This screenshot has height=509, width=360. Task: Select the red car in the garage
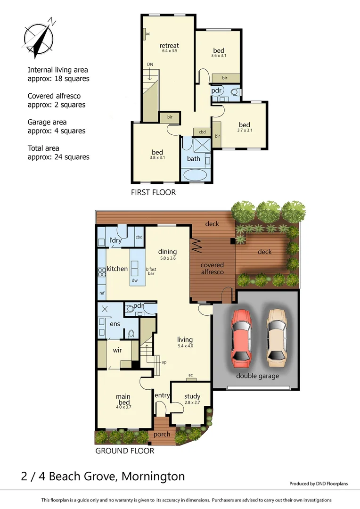(x=241, y=337)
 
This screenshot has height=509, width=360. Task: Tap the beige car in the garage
(x=276, y=337)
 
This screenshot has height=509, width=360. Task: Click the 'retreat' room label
(x=169, y=46)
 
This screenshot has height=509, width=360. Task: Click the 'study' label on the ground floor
(x=192, y=396)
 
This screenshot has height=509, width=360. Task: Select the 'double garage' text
(x=257, y=376)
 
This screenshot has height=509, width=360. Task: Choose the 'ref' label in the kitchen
(x=101, y=293)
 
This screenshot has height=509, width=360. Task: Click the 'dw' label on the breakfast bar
(x=134, y=280)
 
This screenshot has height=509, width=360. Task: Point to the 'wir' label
(x=117, y=351)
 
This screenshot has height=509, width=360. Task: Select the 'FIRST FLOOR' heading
(x=153, y=192)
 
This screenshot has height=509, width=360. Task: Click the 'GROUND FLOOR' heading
(x=125, y=451)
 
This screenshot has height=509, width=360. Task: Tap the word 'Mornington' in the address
(x=153, y=476)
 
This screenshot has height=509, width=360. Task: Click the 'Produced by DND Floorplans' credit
(x=318, y=484)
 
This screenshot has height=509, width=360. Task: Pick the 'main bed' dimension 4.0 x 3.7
(x=123, y=407)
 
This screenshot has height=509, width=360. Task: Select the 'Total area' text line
(x=43, y=148)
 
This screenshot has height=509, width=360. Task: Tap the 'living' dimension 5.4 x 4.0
(x=185, y=345)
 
